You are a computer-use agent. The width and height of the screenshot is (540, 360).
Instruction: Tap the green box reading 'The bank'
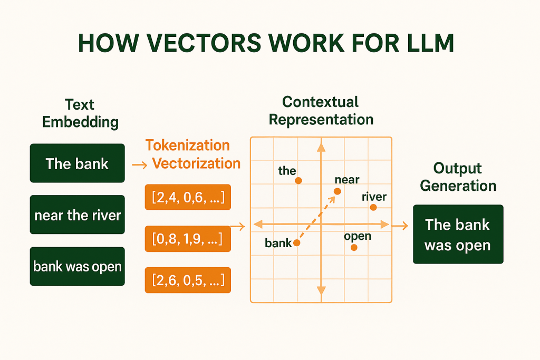click(x=77, y=163)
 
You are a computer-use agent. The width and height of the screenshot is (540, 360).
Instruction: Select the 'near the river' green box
click(x=77, y=215)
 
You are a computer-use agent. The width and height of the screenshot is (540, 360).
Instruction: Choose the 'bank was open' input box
click(x=77, y=266)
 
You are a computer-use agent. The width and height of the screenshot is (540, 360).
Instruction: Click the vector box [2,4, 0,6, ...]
click(x=188, y=197)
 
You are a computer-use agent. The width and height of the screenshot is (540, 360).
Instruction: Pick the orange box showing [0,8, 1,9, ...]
click(x=188, y=239)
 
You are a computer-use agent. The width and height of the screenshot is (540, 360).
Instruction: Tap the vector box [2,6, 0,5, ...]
click(x=188, y=280)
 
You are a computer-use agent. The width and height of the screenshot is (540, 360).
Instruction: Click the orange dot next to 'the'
click(x=298, y=181)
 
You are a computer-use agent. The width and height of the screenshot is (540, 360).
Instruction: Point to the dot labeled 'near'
click(x=337, y=191)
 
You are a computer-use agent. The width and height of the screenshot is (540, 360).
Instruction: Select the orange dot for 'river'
click(x=373, y=207)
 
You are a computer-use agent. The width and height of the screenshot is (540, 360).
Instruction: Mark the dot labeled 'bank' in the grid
click(x=296, y=243)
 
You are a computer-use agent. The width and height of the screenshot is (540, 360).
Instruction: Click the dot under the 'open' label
click(x=354, y=247)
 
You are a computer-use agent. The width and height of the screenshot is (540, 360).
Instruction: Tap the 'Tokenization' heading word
click(x=187, y=145)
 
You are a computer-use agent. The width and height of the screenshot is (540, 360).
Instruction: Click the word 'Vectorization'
click(x=196, y=163)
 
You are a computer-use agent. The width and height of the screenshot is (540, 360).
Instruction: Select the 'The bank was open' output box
click(x=458, y=235)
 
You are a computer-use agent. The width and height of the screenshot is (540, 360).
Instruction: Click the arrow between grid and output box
click(x=400, y=226)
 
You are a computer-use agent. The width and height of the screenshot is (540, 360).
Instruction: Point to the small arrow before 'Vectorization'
click(x=139, y=165)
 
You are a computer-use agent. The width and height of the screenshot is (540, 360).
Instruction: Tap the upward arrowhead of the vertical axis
click(x=321, y=147)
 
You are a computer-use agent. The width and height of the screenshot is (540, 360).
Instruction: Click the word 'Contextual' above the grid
click(x=320, y=102)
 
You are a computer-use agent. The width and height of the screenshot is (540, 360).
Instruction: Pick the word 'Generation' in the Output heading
click(x=458, y=186)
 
